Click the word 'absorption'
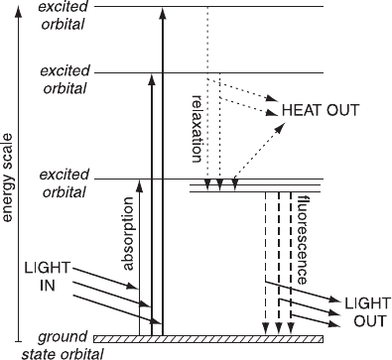click(128, 234)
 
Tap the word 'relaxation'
click(196, 129)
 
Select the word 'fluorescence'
click(303, 240)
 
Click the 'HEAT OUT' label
click(321, 110)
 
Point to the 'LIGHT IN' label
click(48, 276)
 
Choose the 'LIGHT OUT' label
click(367, 312)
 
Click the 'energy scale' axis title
click(7, 178)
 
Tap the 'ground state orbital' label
click(63, 345)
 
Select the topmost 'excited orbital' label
click(64, 16)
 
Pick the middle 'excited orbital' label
click(65, 79)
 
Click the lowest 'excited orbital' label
click(65, 183)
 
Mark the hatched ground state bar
click(208, 339)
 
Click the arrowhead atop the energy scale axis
click(19, 11)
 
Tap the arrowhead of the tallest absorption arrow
click(162, 15)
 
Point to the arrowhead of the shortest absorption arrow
click(140, 186)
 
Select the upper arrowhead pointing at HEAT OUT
click(272, 98)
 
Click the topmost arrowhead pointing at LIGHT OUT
click(334, 300)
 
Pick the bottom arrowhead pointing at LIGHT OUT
click(334, 323)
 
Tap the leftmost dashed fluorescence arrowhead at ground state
click(265, 328)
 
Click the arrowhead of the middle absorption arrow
click(152, 80)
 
